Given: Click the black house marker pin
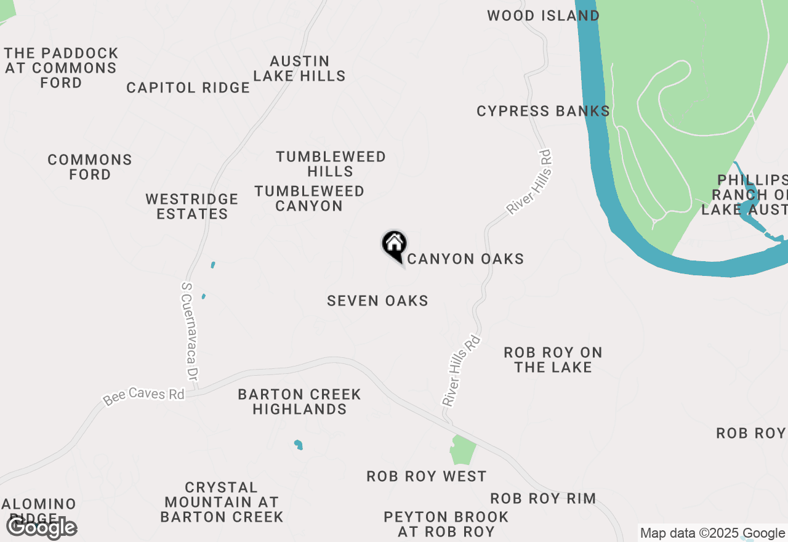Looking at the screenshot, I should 394,244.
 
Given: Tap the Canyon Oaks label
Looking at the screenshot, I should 465,259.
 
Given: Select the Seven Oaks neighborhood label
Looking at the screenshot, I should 377,301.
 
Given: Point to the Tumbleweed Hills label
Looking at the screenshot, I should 331,164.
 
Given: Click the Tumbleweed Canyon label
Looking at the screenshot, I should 309,198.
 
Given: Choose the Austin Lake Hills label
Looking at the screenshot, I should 299,68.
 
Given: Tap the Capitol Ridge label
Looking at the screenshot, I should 188,88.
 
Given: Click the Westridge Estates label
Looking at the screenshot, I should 192,206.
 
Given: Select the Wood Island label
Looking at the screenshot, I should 543,15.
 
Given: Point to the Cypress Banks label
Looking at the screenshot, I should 543,111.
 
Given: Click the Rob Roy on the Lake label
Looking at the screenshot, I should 553,360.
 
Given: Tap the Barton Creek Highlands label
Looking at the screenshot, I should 300,402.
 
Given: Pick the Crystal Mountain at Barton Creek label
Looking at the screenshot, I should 222,503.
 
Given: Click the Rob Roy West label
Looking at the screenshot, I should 426,476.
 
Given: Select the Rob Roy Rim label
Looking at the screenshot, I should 543,498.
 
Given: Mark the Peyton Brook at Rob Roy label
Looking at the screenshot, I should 446,524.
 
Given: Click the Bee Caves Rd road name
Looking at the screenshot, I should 144,395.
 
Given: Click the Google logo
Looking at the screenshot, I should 41,527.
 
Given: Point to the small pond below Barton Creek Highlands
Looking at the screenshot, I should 299,444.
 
